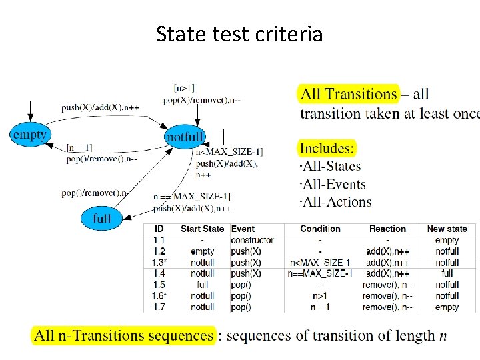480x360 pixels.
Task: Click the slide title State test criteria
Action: pos(239,33)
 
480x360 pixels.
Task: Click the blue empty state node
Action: pos(30,135)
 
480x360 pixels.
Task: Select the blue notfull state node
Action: pos(185,137)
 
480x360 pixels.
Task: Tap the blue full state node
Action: pos(102,218)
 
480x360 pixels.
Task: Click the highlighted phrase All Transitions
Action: pos(349,94)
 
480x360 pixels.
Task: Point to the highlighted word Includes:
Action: pos(327,148)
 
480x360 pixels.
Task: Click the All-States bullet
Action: pos(331,167)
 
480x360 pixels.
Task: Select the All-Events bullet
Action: pos(333,184)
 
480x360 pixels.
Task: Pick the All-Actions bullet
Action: pos(336,201)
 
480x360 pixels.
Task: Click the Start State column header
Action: pos(202,229)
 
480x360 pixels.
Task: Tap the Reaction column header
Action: pos(387,229)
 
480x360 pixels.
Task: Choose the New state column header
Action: pos(447,229)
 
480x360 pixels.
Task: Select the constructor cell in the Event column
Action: pos(252,240)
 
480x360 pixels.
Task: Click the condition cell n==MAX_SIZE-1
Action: pos(320,273)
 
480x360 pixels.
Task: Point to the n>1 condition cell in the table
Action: pos(321,296)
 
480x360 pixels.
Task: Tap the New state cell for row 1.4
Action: pos(447,273)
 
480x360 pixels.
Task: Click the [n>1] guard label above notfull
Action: pos(184,87)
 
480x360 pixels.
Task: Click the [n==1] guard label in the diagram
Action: pos(79,147)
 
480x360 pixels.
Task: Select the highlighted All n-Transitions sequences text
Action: pos(124,335)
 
